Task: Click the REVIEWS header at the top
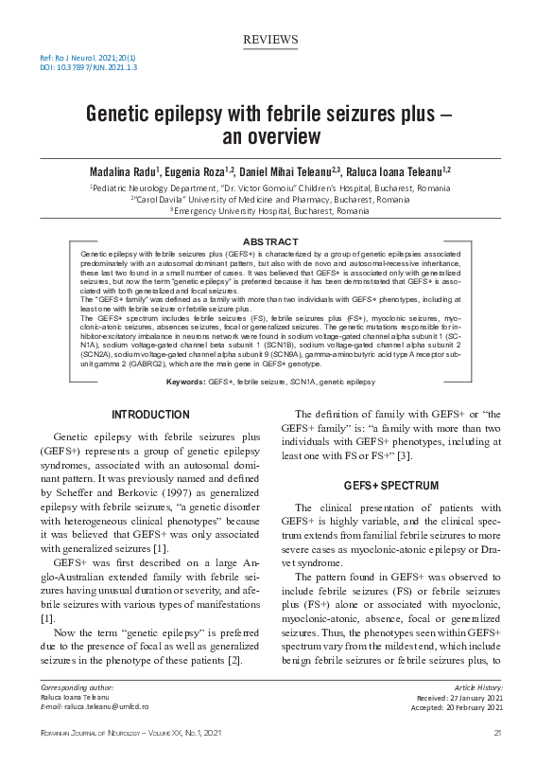coord(270,39)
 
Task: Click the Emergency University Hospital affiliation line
coord(269,210)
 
